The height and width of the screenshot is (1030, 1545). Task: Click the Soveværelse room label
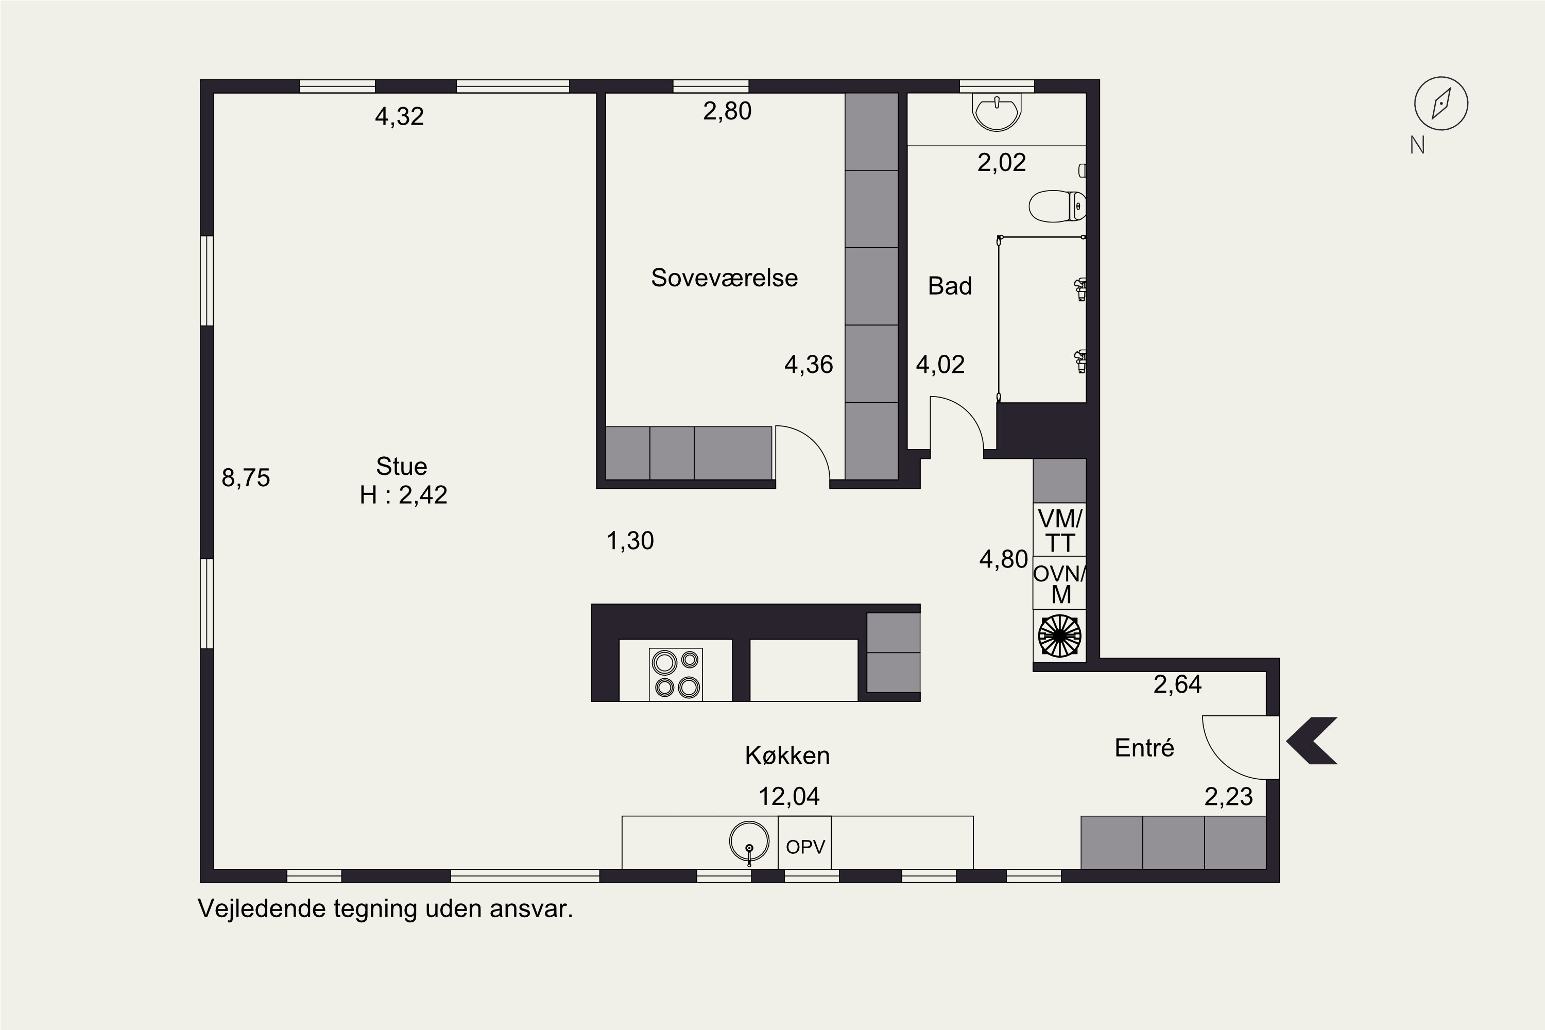point(724,278)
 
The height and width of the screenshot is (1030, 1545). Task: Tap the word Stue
point(401,467)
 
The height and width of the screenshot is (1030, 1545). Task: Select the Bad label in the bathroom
point(950,286)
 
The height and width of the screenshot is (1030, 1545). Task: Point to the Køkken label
point(787,756)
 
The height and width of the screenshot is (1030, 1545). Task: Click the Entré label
point(1144,748)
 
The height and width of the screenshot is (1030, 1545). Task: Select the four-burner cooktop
point(676,674)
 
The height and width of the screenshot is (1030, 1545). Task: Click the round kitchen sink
point(749,842)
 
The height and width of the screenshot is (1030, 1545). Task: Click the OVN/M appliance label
point(1059,583)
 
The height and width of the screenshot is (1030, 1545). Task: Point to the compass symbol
point(1441,103)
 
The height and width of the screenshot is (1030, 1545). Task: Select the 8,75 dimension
point(246,477)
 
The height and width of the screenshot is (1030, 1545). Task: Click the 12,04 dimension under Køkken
point(789,797)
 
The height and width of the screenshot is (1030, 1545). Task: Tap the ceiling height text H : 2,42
point(403,494)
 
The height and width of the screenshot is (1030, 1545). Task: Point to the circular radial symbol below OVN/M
point(1059,635)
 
